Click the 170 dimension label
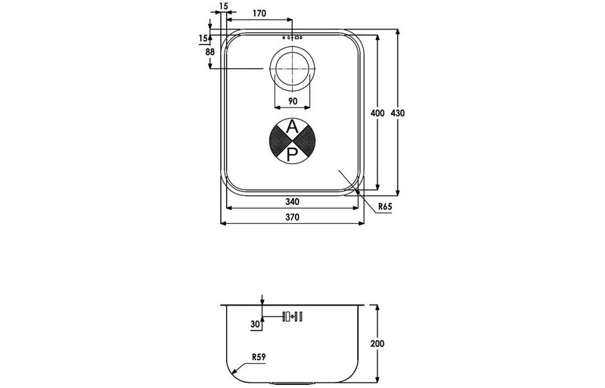click(x=259, y=13)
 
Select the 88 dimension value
click(x=209, y=51)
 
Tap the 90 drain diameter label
click(x=292, y=101)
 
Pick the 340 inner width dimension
click(x=292, y=202)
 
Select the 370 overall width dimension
click(x=292, y=217)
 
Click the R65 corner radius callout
click(x=385, y=206)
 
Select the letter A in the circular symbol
click(x=292, y=127)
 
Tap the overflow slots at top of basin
click(x=292, y=37)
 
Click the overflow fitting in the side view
click(x=292, y=316)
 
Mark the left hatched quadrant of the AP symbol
click(x=279, y=141)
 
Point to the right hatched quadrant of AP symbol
click(x=306, y=141)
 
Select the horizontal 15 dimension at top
click(x=222, y=7)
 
